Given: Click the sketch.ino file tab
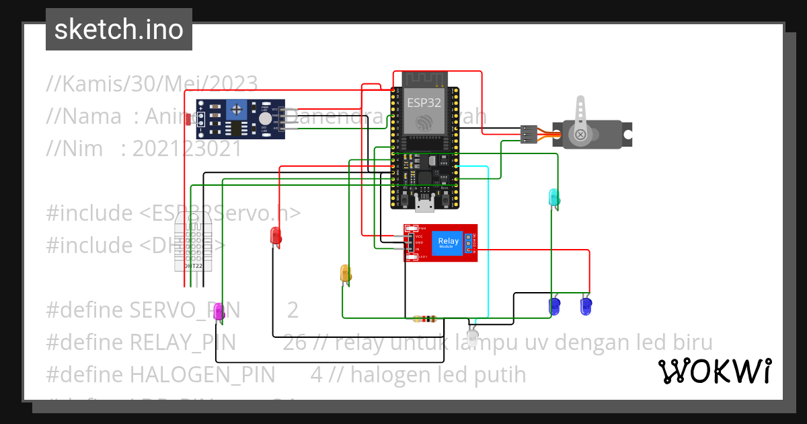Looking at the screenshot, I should tap(118, 30).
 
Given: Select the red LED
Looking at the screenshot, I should tap(275, 236).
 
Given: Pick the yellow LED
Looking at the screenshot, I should tap(346, 273).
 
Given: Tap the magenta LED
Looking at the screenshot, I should tap(218, 311).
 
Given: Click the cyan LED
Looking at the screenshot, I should tap(554, 197).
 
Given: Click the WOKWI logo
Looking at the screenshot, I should tap(714, 371).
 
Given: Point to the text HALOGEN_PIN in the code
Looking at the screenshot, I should tap(202, 374).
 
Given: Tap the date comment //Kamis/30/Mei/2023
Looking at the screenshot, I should tap(152, 83).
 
